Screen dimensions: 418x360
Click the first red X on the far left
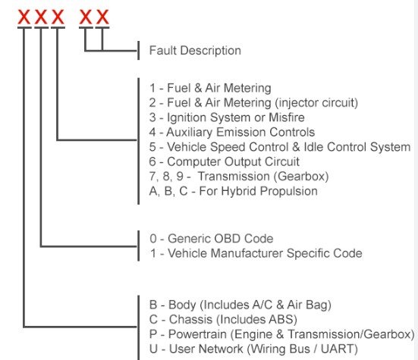pyautogui.click(x=24, y=17)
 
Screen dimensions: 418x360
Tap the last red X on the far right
pyautogui.click(x=102, y=17)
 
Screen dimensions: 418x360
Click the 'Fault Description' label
pyautogui.click(x=195, y=50)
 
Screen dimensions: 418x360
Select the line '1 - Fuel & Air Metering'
pyautogui.click(x=210, y=88)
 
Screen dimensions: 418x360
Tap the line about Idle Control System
pyautogui.click(x=280, y=147)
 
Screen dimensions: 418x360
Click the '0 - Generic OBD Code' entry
pyautogui.click(x=212, y=239)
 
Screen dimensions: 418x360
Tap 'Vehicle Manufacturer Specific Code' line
pyautogui.click(x=256, y=253)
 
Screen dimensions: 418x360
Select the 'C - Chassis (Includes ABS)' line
pyautogui.click(x=223, y=320)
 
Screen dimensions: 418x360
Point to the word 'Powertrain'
pyautogui.click(x=197, y=334)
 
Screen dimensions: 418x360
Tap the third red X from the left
pyautogui.click(x=58, y=17)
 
